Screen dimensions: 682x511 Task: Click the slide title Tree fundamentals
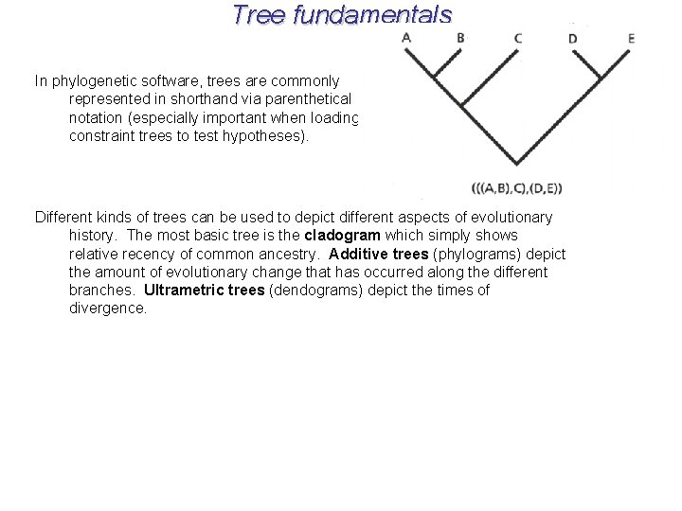(x=342, y=15)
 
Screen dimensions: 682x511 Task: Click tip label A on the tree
(x=406, y=38)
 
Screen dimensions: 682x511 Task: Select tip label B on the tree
(x=460, y=38)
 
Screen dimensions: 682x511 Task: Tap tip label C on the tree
(x=518, y=39)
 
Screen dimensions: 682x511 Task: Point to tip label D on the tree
(x=572, y=39)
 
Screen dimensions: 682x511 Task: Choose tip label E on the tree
(x=631, y=39)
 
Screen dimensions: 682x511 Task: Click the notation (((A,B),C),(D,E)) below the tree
(x=516, y=187)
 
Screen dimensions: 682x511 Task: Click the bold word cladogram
(x=342, y=236)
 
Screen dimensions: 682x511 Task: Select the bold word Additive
(x=359, y=254)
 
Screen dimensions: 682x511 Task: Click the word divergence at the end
(x=108, y=308)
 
